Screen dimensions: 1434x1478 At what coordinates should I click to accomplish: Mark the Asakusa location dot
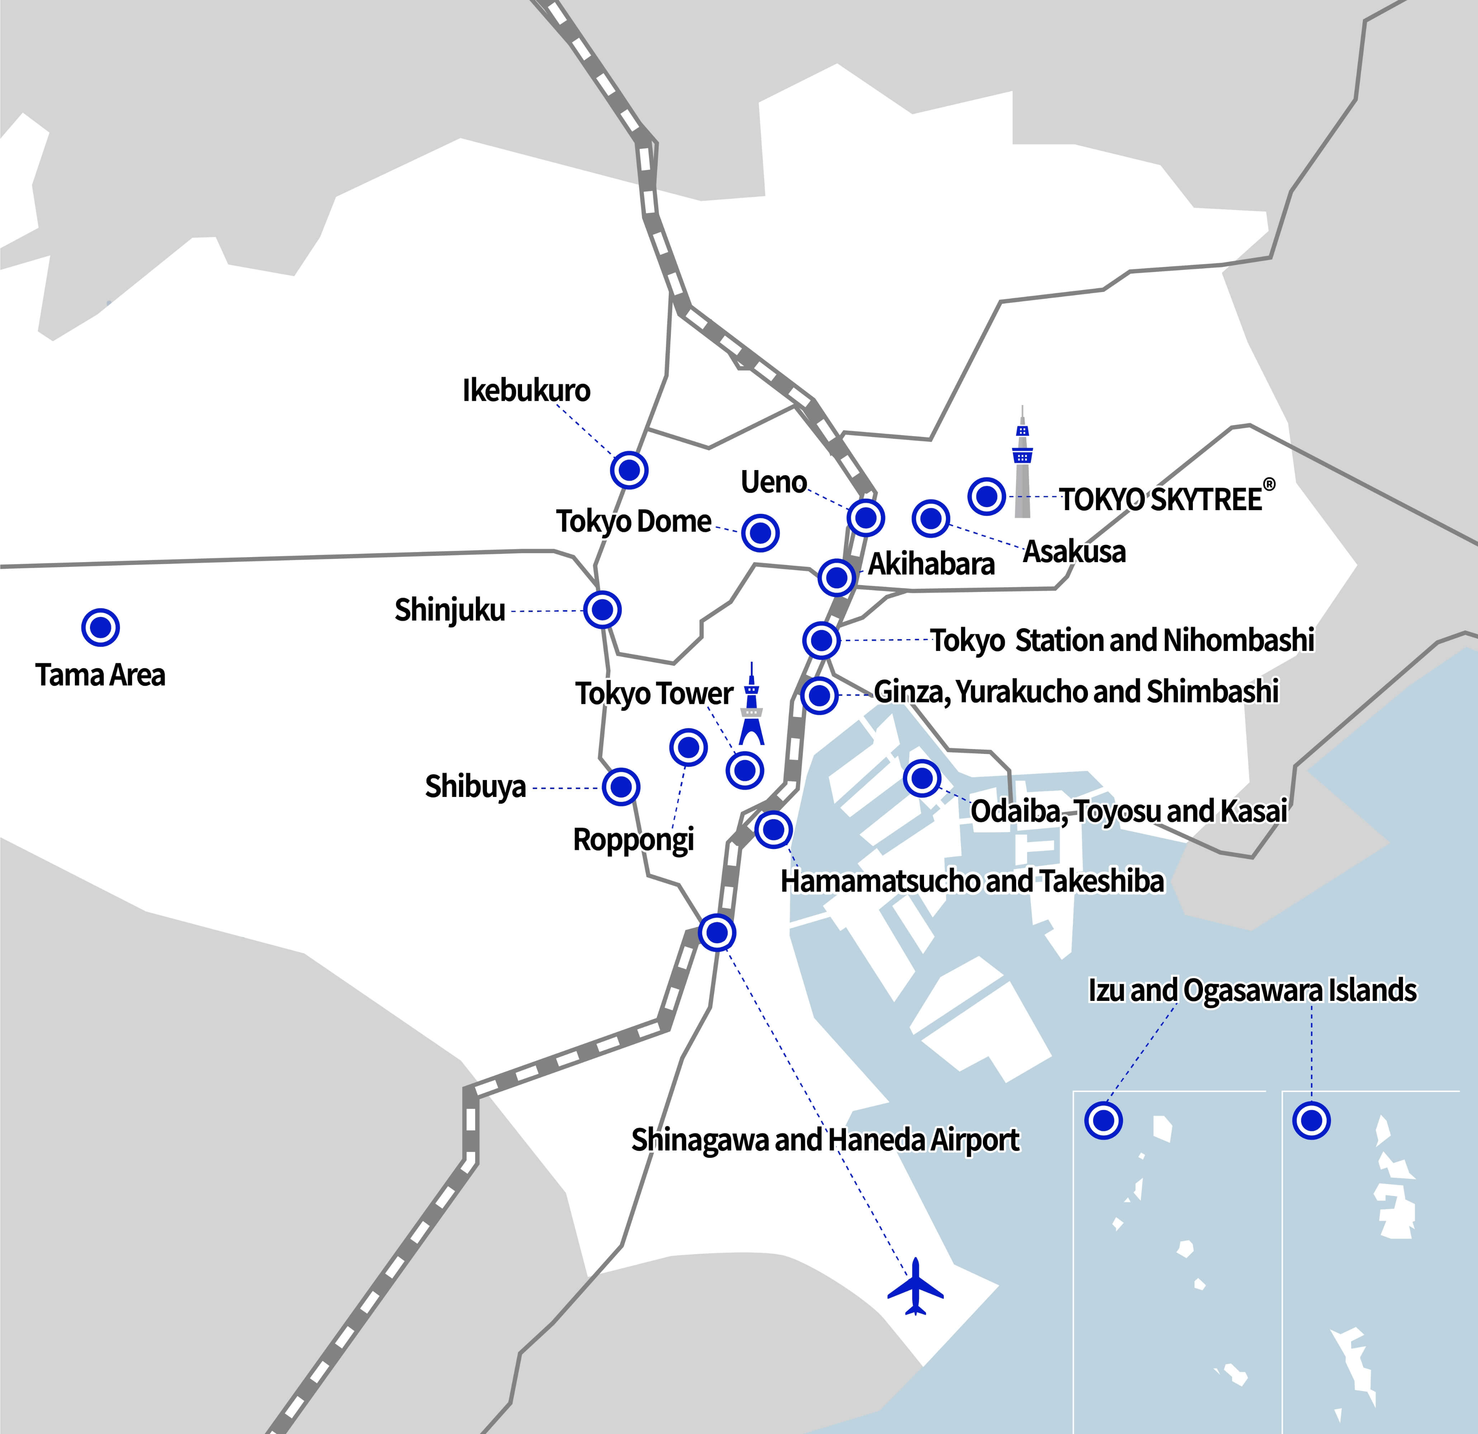[930, 518]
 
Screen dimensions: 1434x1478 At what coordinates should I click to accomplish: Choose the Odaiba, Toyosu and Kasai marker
[922, 777]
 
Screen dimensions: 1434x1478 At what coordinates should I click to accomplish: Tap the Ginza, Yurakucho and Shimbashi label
[1076, 691]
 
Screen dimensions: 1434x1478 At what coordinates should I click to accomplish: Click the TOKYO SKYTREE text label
[1161, 499]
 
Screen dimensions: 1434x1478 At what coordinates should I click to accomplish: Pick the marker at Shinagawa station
[716, 932]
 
